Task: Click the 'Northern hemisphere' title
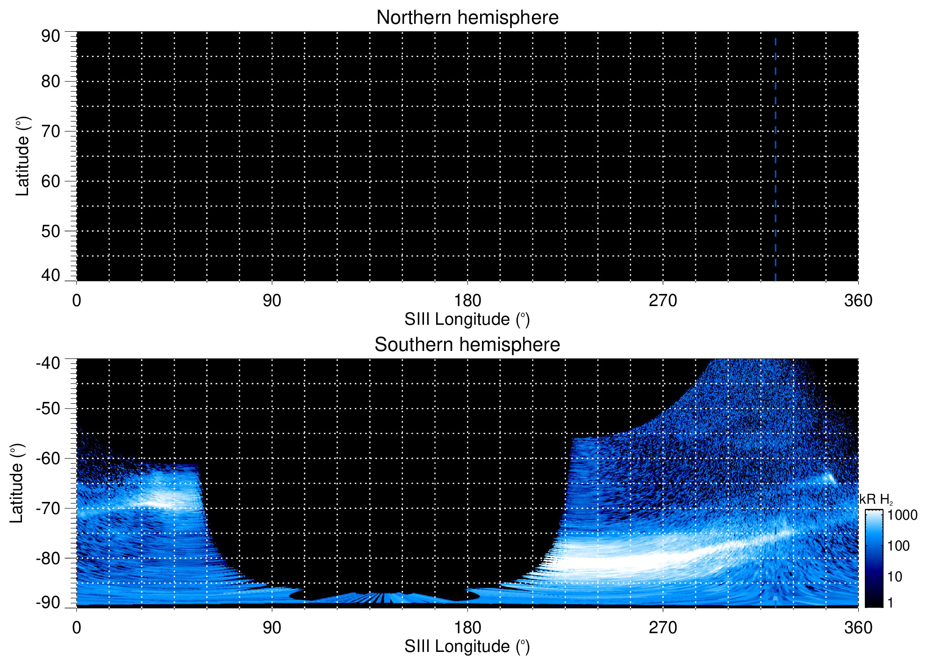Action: (x=467, y=18)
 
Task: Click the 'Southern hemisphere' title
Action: (x=467, y=345)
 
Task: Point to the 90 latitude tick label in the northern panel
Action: (x=50, y=36)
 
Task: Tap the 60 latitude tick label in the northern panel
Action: (x=50, y=181)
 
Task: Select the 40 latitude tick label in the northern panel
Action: (x=50, y=275)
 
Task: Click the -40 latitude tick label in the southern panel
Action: (x=48, y=363)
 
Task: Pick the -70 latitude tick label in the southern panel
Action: (x=48, y=508)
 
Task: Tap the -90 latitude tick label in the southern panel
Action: (x=48, y=602)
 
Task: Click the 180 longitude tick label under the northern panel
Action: (x=467, y=300)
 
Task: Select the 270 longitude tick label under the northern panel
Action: (x=663, y=300)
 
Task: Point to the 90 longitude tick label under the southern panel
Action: (x=272, y=628)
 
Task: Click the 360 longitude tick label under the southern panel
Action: (x=858, y=628)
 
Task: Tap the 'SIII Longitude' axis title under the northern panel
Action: (x=467, y=320)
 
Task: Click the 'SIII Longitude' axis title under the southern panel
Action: (x=467, y=647)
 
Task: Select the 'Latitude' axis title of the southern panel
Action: (x=17, y=483)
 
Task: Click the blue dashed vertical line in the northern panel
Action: (x=776, y=159)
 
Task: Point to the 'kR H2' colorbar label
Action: (x=876, y=500)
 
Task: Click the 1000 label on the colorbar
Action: (x=902, y=515)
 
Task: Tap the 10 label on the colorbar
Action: (x=895, y=577)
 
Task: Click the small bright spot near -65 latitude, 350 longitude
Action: (x=830, y=478)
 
